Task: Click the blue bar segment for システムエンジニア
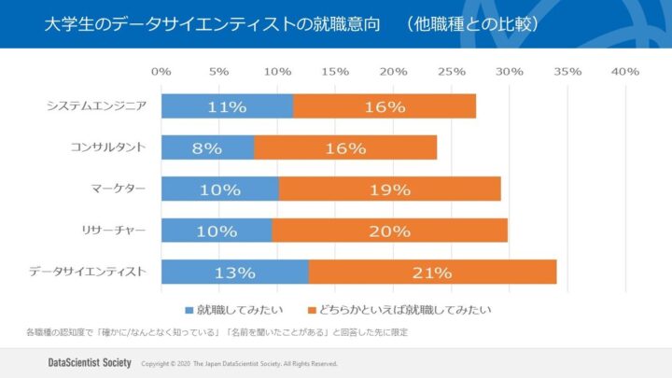(x=227, y=106)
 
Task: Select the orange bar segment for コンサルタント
(x=345, y=147)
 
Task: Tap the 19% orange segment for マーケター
(x=389, y=189)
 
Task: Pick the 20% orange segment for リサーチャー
(x=389, y=231)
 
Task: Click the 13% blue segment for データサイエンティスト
(x=234, y=273)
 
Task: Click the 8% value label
(x=207, y=147)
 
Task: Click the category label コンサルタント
(x=108, y=147)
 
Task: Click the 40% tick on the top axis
(x=624, y=72)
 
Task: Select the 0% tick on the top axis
(x=161, y=72)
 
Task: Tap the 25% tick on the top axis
(x=451, y=72)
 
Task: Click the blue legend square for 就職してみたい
(x=189, y=308)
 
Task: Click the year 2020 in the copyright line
(x=181, y=363)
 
